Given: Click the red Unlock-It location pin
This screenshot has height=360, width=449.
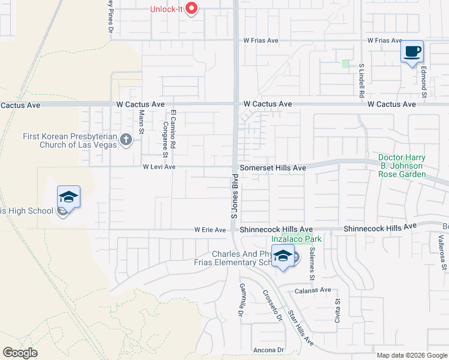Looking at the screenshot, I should (191, 8).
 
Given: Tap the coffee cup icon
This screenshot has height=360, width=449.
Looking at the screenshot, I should (412, 52).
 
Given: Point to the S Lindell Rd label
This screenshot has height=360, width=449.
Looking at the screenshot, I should (362, 80).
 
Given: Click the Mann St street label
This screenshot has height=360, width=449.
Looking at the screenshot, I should (142, 121).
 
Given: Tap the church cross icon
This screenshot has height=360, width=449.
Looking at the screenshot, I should (125, 140).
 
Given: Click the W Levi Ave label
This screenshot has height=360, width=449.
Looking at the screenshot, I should (158, 167).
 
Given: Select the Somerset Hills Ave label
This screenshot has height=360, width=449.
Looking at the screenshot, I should (273, 169).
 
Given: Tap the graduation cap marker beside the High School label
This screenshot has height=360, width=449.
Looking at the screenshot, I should (68, 197).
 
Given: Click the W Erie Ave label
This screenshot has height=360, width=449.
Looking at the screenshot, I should (209, 230).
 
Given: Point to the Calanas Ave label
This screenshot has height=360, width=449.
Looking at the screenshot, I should (313, 290).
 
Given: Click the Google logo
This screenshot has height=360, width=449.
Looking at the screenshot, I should (20, 352).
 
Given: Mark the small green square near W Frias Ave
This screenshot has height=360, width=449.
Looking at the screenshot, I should (345, 64).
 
